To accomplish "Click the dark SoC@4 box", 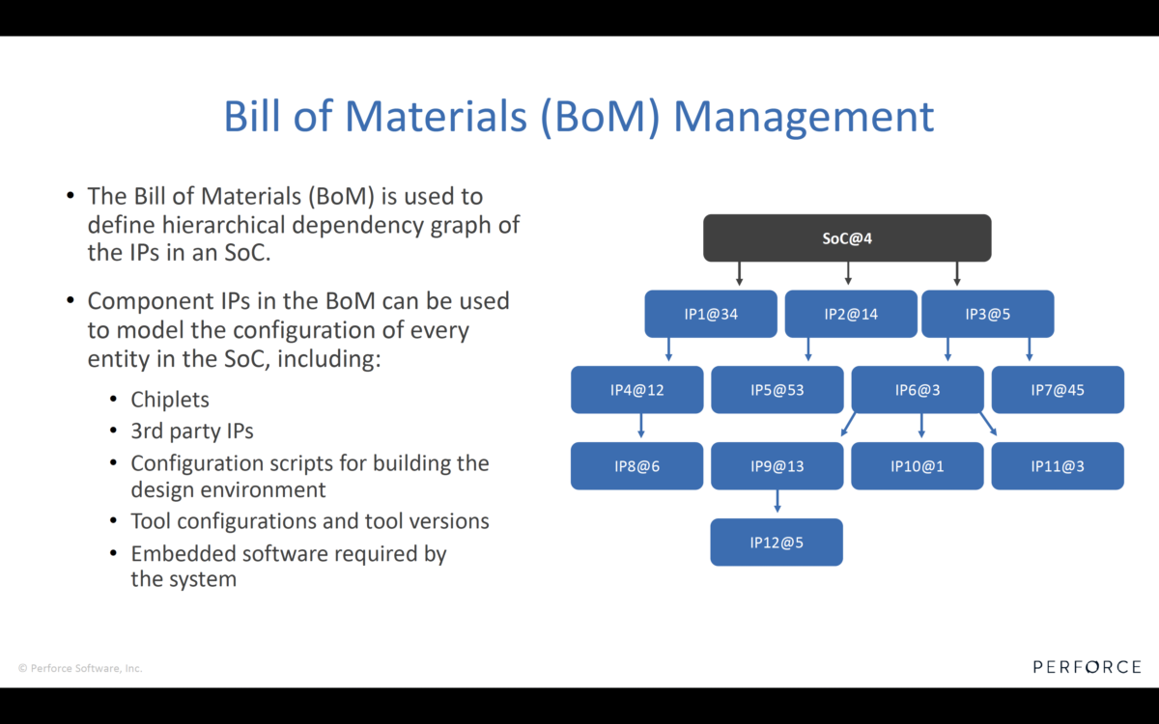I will [x=846, y=237].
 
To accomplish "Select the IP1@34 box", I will [x=710, y=314].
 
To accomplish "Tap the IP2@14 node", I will [x=850, y=314].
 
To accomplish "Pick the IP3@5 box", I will [x=987, y=314].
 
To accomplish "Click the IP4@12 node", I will [x=636, y=390].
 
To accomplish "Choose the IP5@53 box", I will [x=777, y=390].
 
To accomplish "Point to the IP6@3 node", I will [x=917, y=390].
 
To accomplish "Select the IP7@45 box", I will [x=1058, y=390].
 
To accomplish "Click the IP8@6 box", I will [x=636, y=466].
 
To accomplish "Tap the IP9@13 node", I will [x=777, y=466].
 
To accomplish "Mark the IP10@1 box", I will [x=917, y=466].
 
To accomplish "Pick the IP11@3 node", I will [x=1058, y=466].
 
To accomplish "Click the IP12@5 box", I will [x=777, y=543].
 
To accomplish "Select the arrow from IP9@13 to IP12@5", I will [x=777, y=501].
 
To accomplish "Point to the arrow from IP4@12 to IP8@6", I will [x=641, y=426].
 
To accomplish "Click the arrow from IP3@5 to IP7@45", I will [x=1030, y=349].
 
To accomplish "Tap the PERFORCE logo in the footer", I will [x=1087, y=667].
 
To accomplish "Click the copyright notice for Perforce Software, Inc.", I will [x=80, y=668].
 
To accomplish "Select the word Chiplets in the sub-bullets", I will [x=170, y=400].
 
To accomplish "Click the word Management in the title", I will [x=804, y=117].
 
